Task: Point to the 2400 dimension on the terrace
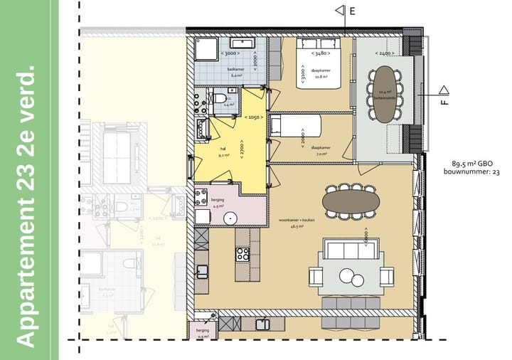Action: [x=384, y=53]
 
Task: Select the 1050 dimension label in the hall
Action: [x=254, y=117]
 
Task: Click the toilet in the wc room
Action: [x=220, y=98]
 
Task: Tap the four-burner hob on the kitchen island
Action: [x=242, y=253]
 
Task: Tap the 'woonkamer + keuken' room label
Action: [x=298, y=220]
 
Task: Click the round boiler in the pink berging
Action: [x=230, y=218]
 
